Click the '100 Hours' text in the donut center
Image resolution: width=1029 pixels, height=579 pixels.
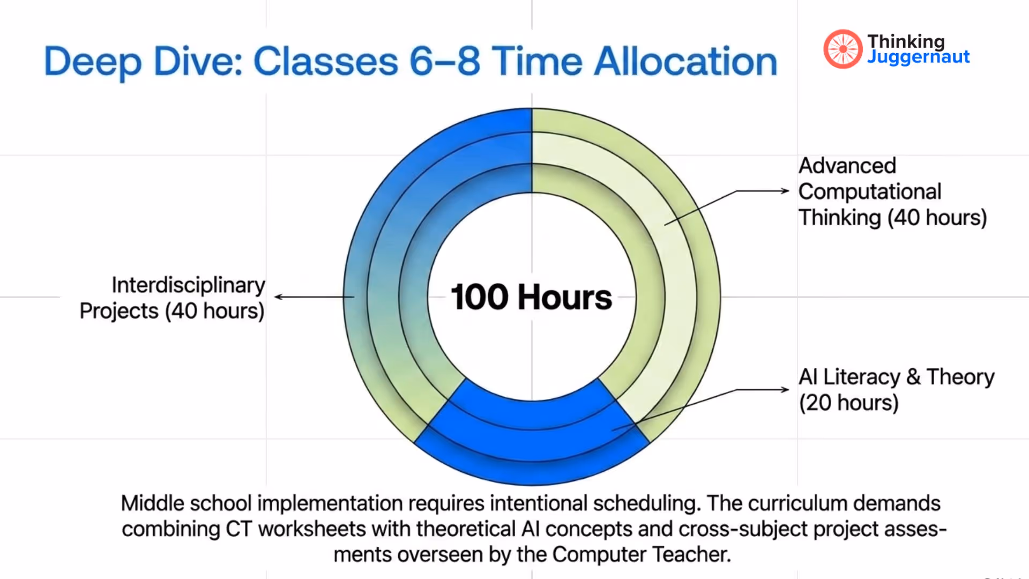(x=531, y=297)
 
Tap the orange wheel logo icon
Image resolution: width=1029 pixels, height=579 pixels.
(x=842, y=49)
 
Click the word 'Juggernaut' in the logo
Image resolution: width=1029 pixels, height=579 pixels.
(x=918, y=57)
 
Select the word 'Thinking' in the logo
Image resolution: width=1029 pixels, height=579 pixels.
(x=906, y=41)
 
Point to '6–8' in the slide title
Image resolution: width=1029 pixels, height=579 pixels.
(x=444, y=62)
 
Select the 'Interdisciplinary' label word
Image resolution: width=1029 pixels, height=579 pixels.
(x=188, y=285)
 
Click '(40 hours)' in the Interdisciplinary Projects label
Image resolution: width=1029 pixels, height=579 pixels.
(x=214, y=311)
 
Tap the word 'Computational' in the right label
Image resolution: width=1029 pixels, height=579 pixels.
(x=869, y=191)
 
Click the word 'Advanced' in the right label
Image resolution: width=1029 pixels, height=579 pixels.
(x=847, y=166)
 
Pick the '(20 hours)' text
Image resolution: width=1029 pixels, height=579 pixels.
(x=848, y=403)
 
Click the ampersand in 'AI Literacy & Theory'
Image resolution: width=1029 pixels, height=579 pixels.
(x=913, y=377)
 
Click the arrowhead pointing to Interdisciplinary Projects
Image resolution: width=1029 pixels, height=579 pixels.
(x=279, y=296)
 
